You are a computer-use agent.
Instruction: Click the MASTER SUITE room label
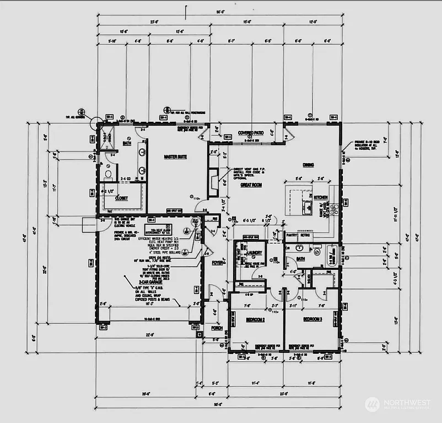tap(175, 157)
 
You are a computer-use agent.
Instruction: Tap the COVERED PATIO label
tap(250, 133)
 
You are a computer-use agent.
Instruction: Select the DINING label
tap(309, 164)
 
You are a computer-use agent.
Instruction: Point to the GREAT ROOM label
tap(251, 186)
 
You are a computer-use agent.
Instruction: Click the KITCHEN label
tap(321, 197)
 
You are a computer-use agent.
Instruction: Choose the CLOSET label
tap(121, 198)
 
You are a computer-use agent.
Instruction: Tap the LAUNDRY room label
tap(255, 253)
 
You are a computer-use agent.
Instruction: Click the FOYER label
tap(218, 263)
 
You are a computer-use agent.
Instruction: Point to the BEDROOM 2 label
tap(255, 319)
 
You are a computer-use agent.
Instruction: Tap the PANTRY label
tap(292, 235)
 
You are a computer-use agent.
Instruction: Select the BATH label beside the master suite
tap(127, 143)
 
